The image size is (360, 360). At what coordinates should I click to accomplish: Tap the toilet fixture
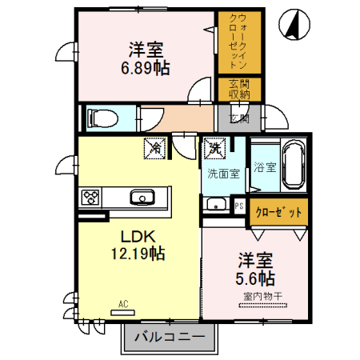coord(101,118)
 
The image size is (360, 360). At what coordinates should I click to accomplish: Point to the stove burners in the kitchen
coord(90,197)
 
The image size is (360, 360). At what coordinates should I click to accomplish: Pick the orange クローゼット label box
coord(278,213)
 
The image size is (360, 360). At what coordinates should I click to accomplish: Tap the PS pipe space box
coord(239,205)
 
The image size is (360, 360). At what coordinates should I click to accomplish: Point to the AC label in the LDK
coord(123,304)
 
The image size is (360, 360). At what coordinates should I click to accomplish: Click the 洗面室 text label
coord(223,173)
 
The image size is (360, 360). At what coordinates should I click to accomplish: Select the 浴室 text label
coord(265,167)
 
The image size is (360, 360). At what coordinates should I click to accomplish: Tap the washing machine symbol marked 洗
coord(214,147)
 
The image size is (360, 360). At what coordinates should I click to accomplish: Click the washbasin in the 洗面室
coord(216,205)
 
